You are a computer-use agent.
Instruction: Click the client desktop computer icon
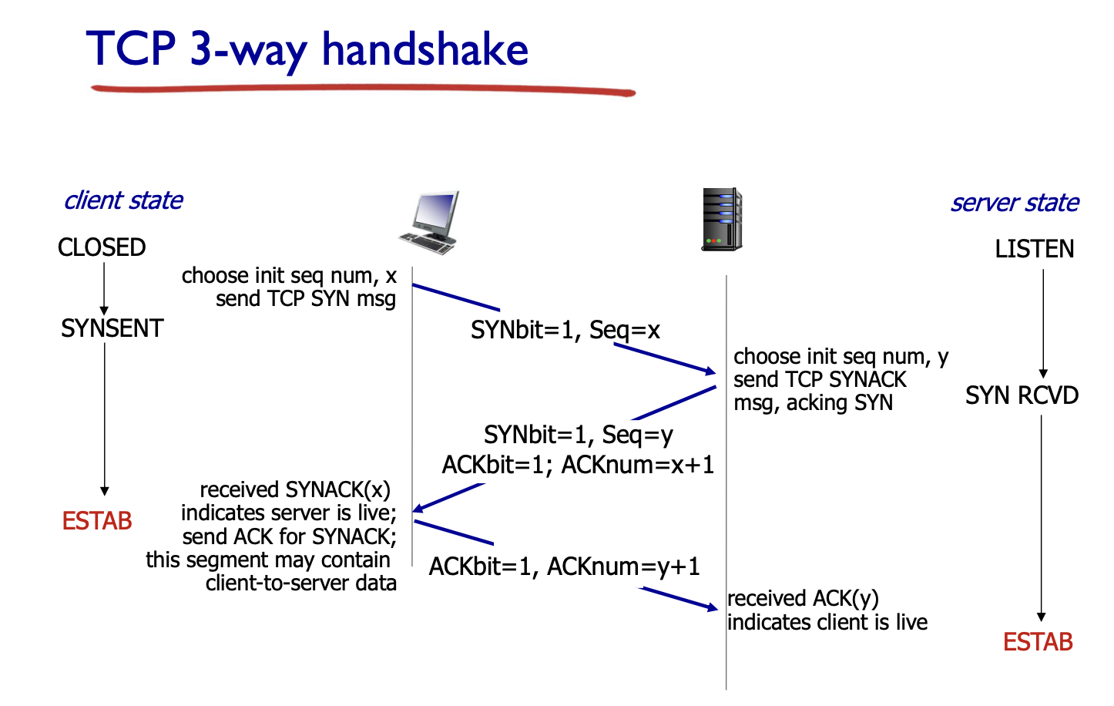(431, 223)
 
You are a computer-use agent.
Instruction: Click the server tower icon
(722, 220)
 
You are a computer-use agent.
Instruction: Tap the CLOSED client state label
(102, 247)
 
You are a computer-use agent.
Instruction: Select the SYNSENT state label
(112, 328)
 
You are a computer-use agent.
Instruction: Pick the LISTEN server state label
(1034, 249)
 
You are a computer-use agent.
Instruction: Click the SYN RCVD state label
(1022, 395)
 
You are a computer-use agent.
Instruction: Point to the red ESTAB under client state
(97, 521)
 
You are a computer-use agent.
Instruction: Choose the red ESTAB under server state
(1038, 642)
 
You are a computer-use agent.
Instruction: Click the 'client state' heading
(123, 200)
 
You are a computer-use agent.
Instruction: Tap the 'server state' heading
(1014, 203)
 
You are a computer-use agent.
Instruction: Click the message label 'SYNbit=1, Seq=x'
(565, 331)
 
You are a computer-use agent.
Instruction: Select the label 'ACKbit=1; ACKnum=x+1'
(578, 465)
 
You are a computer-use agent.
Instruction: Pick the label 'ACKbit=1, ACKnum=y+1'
(564, 566)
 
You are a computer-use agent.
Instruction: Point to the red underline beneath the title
(362, 90)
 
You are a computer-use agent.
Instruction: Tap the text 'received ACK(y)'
(803, 599)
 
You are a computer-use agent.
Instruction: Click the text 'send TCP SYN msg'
(306, 299)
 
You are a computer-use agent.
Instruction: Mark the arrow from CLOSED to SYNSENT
(104, 287)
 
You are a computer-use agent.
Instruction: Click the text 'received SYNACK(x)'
(295, 490)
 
